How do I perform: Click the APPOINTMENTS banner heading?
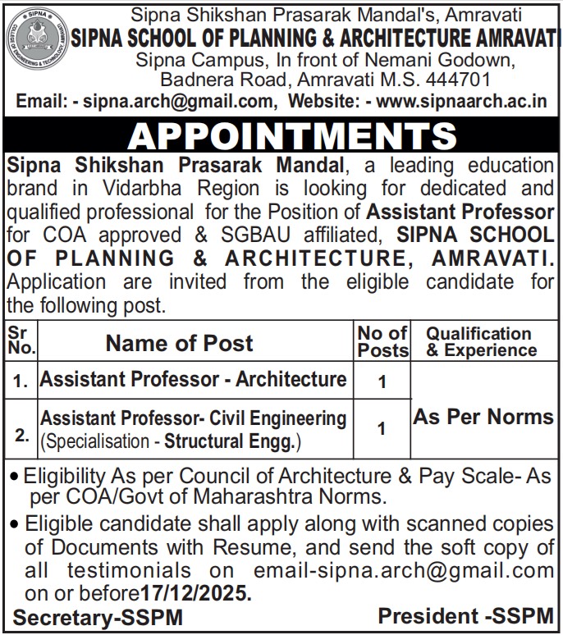[281, 135]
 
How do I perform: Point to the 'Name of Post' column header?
[180, 342]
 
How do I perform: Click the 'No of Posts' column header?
[382, 341]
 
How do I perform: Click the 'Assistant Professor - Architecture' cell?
[194, 379]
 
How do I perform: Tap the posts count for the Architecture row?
[382, 381]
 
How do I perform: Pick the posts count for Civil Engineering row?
[382, 427]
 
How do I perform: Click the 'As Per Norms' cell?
[483, 416]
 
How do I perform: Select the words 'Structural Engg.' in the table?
[232, 443]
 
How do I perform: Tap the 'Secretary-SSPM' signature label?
[98, 616]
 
